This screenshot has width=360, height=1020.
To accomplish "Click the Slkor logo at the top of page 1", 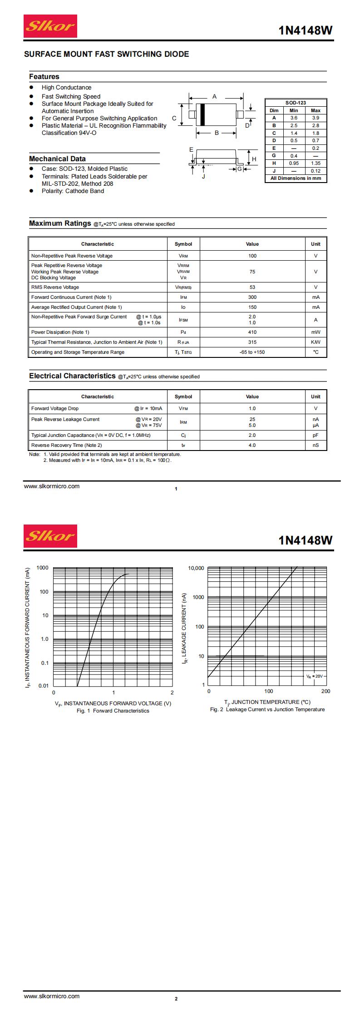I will pos(50,26).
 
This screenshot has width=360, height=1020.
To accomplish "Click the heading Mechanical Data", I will pos(57,159).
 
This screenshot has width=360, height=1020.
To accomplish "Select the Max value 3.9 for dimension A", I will pos(316,118).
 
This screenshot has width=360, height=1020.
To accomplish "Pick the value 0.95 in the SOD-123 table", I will pos(294,163).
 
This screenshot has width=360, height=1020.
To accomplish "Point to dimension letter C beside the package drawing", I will pos(174,118).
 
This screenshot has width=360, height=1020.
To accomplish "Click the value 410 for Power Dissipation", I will pos(252,332).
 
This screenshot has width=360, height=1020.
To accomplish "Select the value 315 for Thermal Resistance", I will pos(252,342).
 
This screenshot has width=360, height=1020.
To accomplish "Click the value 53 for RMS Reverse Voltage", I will pos(252,287).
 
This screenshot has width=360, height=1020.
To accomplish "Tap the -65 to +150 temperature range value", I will pos(252,352).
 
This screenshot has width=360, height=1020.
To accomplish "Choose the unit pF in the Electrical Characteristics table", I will pos(316,435).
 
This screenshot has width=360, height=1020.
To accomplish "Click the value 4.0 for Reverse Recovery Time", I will pos(252,445).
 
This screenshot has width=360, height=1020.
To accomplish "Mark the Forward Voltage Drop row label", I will pos(55,408).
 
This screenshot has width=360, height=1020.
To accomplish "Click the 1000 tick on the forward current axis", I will pos(42,568).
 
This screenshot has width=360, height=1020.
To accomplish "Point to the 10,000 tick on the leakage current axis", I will pos(196,568).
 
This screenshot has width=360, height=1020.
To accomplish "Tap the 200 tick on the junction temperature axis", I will pos(325,691).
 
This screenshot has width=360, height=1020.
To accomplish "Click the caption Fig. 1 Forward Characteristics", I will pos(113,711).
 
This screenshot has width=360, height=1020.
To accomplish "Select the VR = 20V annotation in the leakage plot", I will pos(314,676).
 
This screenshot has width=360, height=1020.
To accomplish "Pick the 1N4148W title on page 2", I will pos(306,540).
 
